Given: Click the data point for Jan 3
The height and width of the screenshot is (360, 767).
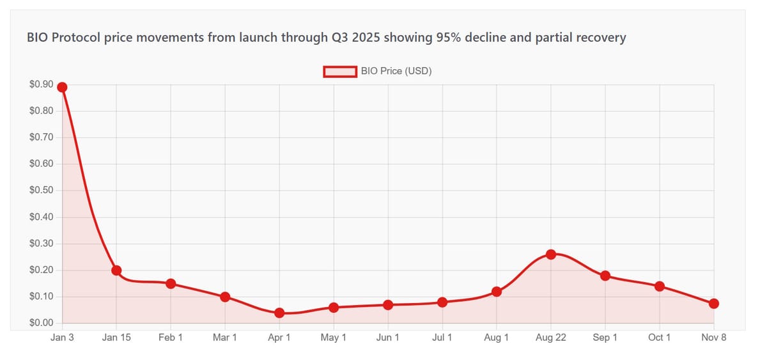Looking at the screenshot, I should click(62, 87).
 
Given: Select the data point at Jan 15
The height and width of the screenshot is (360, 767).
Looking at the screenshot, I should click(116, 270).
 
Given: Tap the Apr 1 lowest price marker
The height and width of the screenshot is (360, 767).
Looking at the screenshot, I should click(279, 313).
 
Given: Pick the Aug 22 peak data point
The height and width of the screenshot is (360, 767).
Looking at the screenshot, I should click(551, 254).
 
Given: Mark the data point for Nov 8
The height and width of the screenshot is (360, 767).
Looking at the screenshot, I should click(714, 303).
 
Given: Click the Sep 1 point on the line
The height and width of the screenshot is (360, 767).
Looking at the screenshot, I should click(605, 276).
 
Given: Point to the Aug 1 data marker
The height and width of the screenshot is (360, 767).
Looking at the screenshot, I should click(497, 292).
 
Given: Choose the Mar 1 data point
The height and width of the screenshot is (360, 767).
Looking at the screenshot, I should click(225, 297).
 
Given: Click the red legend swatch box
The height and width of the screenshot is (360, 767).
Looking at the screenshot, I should click(339, 71).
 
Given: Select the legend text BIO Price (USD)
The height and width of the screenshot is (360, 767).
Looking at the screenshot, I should click(396, 71).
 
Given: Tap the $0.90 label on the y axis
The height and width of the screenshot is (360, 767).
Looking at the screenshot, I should click(41, 84).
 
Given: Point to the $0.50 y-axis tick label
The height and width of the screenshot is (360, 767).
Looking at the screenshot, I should click(41, 191).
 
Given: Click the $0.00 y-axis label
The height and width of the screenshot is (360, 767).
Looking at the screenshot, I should click(41, 323).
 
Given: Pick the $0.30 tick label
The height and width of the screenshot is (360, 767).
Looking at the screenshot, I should click(41, 244).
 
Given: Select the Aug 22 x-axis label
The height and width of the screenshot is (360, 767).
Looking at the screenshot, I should click(551, 338).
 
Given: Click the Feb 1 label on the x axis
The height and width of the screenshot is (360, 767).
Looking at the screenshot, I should click(171, 338).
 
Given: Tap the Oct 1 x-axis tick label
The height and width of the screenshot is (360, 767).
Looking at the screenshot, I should click(660, 338).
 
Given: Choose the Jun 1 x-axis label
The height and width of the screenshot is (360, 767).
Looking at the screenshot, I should click(388, 338).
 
